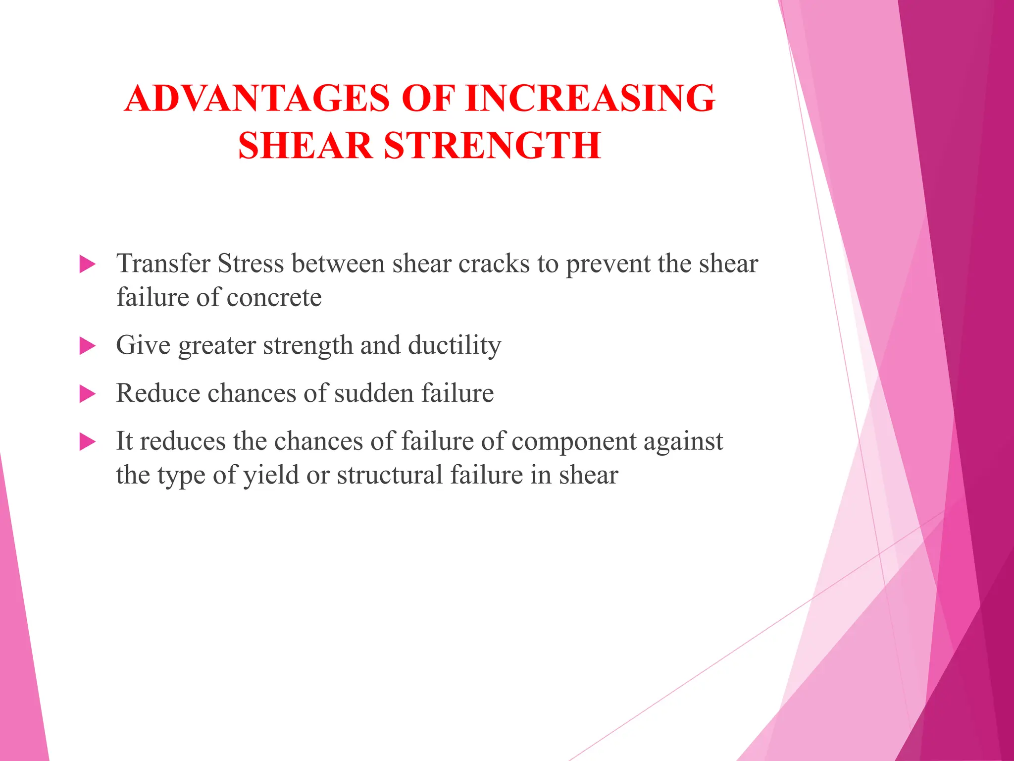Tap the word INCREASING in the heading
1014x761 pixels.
590,98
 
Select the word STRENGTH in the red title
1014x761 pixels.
492,146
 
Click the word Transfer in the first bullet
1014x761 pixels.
163,263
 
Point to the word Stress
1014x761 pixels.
251,263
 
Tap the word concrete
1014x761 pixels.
274,298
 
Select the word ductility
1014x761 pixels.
454,345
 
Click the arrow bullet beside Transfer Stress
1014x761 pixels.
87,264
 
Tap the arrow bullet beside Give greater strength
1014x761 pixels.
87,346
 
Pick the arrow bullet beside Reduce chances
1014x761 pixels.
87,394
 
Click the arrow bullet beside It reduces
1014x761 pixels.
87,441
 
